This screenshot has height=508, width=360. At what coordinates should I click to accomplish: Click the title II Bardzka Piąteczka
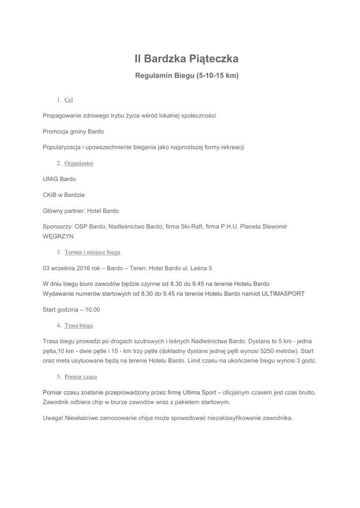pyautogui.click(x=187, y=59)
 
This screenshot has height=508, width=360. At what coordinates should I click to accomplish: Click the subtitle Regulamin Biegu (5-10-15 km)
pyautogui.click(x=187, y=76)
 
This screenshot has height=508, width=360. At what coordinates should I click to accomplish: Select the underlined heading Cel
pyautogui.click(x=69, y=100)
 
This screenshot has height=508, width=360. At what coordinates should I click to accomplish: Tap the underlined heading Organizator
pyautogui.click(x=79, y=163)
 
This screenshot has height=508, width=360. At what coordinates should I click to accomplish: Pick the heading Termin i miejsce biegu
pyautogui.click(x=92, y=252)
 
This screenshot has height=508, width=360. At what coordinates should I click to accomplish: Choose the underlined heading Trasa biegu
pyautogui.click(x=78, y=325)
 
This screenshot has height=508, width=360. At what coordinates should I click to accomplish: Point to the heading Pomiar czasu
pyautogui.click(x=80, y=377)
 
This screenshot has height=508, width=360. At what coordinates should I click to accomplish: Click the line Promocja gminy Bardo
pyautogui.click(x=73, y=131)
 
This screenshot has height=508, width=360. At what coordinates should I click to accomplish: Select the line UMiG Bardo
pyautogui.click(x=60, y=179)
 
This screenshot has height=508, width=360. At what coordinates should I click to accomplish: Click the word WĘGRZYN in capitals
pyautogui.click(x=58, y=237)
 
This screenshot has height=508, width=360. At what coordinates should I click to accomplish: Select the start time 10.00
pyautogui.click(x=92, y=310)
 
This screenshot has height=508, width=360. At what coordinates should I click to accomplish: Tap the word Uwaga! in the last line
pyautogui.click(x=53, y=418)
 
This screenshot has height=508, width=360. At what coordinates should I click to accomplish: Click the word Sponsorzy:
pyautogui.click(x=58, y=227)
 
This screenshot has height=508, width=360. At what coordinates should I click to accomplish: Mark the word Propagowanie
pyautogui.click(x=62, y=116)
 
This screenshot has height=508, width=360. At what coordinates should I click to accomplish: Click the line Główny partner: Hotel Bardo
pyautogui.click(x=81, y=211)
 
